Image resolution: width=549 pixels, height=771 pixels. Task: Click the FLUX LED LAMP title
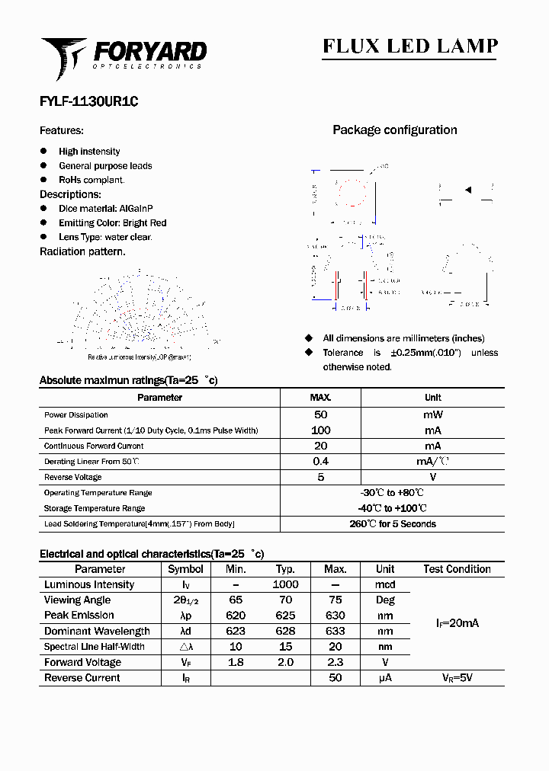click(x=409, y=46)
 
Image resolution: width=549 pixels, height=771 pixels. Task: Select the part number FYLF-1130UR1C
click(x=88, y=101)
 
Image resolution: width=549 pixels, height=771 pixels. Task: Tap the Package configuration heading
click(x=394, y=130)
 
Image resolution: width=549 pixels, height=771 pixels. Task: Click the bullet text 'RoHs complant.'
click(x=91, y=180)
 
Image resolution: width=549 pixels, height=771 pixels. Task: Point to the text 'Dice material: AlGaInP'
click(x=105, y=209)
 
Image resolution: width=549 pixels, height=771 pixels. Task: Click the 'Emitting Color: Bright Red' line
click(x=112, y=223)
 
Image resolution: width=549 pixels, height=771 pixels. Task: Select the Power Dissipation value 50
click(x=320, y=415)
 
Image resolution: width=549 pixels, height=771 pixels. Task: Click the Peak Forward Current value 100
click(x=320, y=430)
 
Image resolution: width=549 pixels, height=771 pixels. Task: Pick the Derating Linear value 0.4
click(x=320, y=462)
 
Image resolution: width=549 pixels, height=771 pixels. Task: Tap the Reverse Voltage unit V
click(x=432, y=477)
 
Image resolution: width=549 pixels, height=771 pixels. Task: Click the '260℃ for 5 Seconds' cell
click(x=393, y=524)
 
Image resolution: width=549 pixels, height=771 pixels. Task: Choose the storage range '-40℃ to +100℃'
click(x=393, y=508)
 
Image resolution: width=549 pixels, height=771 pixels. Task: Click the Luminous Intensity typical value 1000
click(x=285, y=585)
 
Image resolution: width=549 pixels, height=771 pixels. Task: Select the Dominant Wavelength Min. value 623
click(x=236, y=632)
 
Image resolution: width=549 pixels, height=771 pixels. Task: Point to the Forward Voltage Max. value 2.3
click(x=335, y=663)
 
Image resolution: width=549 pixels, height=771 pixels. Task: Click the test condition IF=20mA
click(x=457, y=623)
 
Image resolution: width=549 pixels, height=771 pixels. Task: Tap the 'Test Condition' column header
click(x=457, y=569)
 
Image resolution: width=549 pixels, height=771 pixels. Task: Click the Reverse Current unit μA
click(x=385, y=678)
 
